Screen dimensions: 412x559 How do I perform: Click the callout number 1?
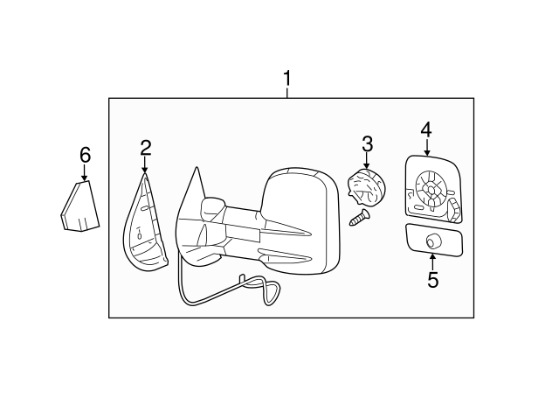point(286,80)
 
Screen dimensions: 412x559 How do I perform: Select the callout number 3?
point(367,143)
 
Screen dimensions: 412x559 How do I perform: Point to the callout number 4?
point(425,129)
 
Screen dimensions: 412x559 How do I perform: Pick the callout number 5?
point(432,281)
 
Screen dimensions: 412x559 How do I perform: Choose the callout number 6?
point(85,155)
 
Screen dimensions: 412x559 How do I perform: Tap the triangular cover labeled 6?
point(79,206)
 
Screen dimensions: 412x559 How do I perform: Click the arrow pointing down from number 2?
point(145,164)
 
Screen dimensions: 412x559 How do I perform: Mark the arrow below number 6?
point(85,172)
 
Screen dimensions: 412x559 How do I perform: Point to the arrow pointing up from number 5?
point(432,262)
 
